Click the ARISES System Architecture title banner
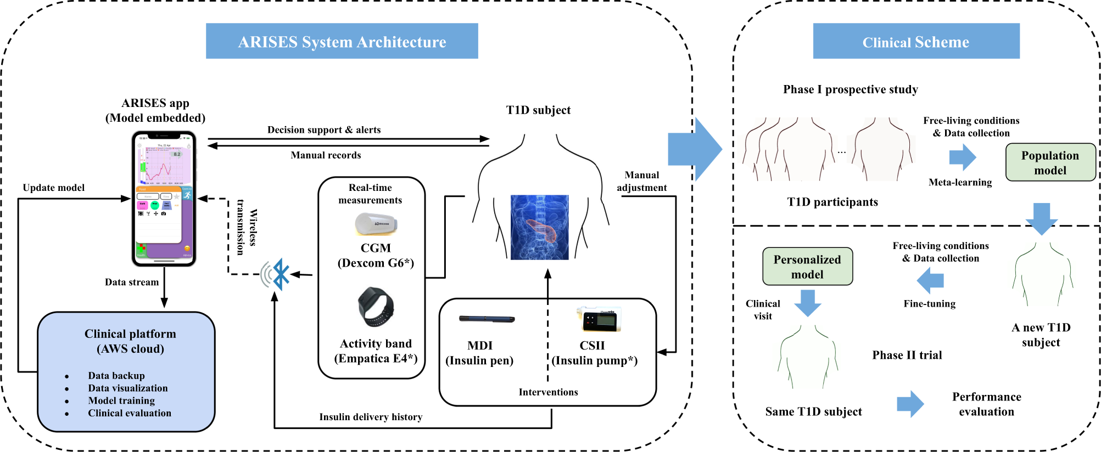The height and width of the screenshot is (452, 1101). (x=342, y=41)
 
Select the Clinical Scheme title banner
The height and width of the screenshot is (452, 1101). (x=916, y=41)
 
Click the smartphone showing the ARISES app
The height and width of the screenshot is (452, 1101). (x=164, y=199)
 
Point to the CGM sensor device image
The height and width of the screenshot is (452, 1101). (x=376, y=224)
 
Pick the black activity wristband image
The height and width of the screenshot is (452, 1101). (x=376, y=307)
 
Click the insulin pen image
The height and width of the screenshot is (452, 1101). (x=487, y=319)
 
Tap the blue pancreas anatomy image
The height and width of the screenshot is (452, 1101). (x=539, y=227)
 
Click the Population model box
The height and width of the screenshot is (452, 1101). (x=1050, y=162)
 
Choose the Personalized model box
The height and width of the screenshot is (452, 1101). (x=807, y=267)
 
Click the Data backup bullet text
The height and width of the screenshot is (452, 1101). (x=116, y=376)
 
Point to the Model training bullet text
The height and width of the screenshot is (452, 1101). (x=121, y=401)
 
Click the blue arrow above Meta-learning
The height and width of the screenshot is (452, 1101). (x=962, y=157)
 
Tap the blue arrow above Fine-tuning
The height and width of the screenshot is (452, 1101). (x=930, y=280)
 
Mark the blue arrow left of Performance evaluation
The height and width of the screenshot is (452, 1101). (x=910, y=404)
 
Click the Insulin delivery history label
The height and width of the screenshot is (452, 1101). (x=371, y=417)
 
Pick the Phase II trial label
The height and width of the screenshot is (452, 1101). (x=907, y=355)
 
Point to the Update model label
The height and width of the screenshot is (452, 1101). (x=54, y=188)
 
